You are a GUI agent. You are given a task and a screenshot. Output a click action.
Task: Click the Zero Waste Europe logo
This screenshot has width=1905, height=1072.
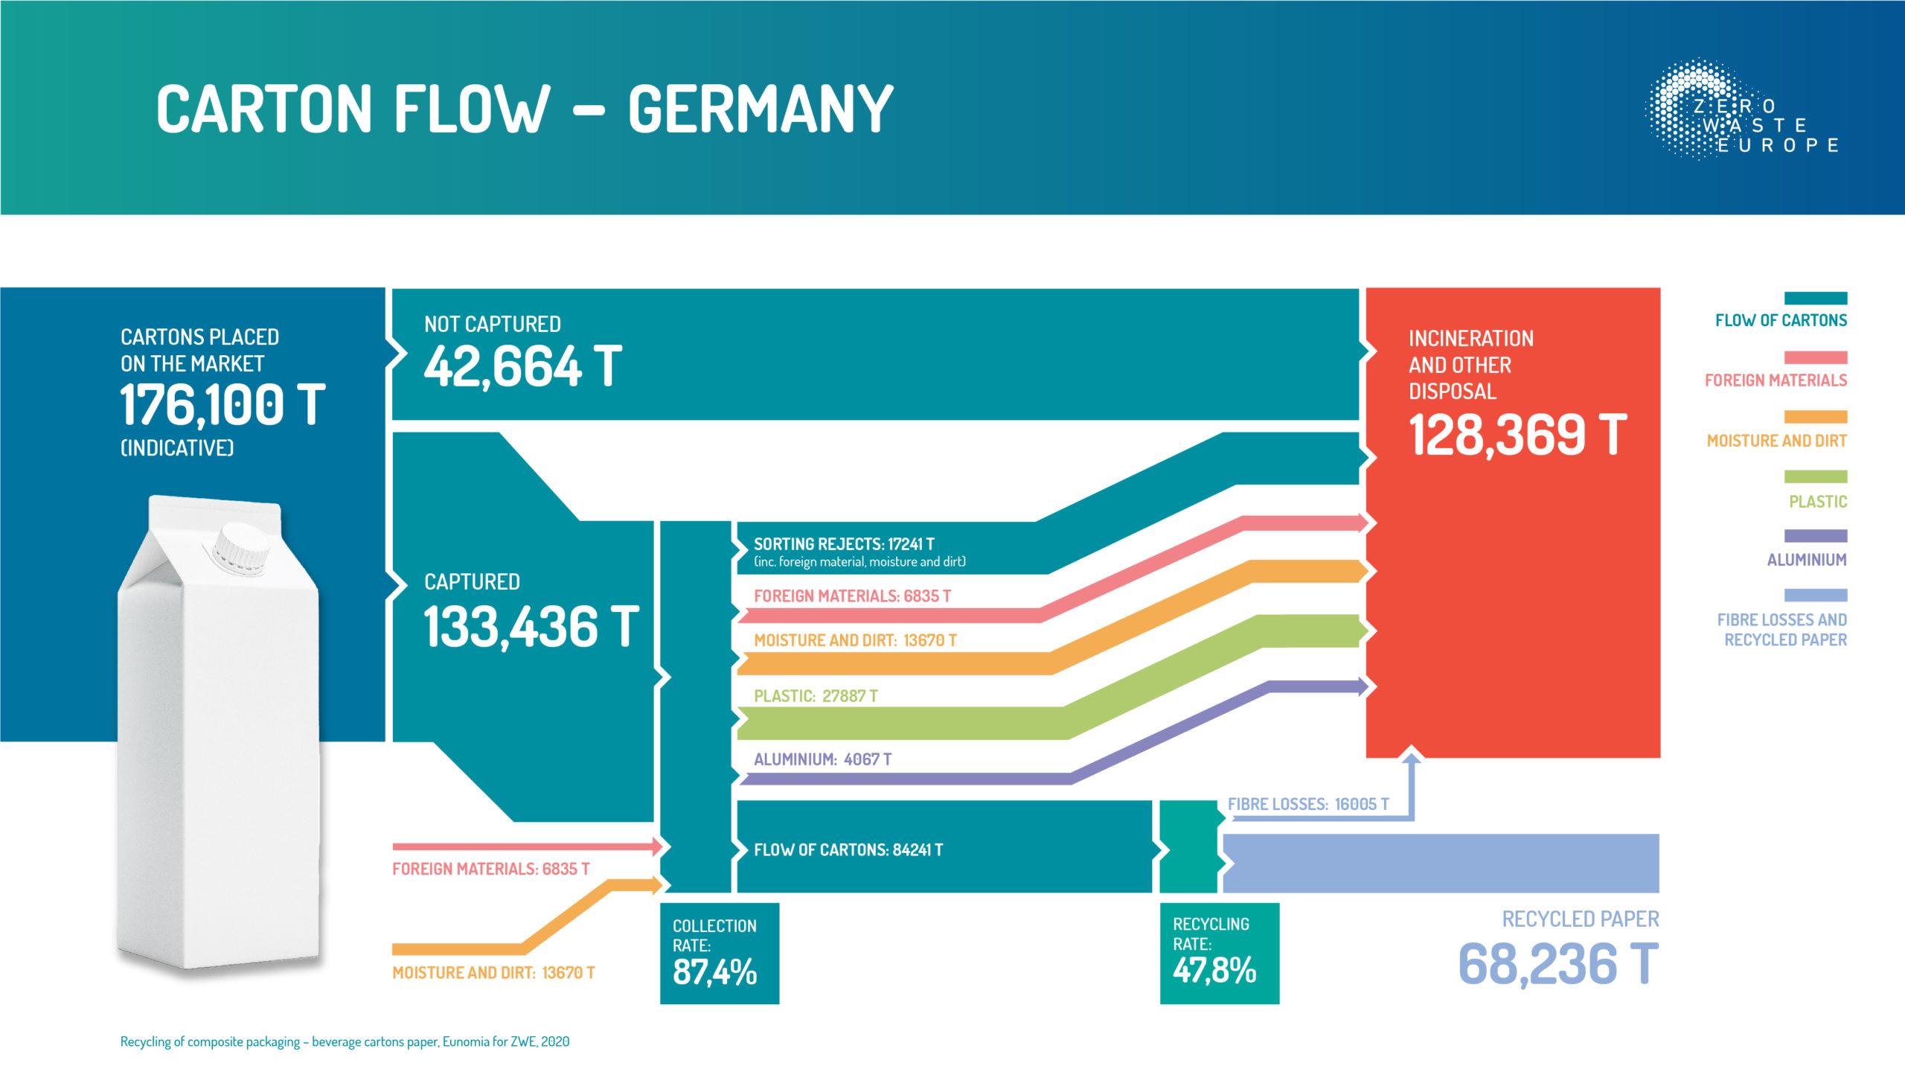point(1741,110)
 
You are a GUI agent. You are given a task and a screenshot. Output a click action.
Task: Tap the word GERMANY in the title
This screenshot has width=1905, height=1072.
point(760,109)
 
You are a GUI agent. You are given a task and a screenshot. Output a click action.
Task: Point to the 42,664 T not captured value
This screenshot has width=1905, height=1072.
point(522,366)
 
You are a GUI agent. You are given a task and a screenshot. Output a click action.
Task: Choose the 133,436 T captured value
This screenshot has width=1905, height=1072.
point(531,626)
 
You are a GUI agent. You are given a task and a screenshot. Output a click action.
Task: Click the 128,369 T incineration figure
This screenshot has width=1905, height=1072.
point(1517,435)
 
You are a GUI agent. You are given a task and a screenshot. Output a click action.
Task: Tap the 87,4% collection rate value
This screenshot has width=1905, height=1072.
point(714,971)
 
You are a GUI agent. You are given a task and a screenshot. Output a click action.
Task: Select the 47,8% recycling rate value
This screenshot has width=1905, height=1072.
point(1214,970)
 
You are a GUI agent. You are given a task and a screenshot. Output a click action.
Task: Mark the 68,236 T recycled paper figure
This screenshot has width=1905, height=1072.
point(1558,963)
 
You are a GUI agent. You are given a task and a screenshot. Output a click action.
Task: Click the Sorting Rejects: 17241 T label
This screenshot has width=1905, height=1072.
point(844,544)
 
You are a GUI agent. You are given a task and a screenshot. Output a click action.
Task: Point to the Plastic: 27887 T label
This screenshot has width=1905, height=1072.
point(816,696)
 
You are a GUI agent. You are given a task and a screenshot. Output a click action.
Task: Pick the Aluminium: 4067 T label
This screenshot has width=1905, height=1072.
point(822,759)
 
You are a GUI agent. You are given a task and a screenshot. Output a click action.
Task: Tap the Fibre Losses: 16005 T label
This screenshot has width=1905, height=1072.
point(1307,804)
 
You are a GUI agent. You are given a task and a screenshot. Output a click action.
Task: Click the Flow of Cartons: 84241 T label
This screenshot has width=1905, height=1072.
point(848,849)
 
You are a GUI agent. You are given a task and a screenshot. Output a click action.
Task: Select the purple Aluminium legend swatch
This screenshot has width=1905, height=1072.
point(1815,536)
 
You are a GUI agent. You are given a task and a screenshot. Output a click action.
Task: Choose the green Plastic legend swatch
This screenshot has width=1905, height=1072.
point(1815,476)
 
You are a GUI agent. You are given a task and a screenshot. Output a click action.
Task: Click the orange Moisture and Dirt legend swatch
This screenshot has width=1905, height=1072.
point(1815,417)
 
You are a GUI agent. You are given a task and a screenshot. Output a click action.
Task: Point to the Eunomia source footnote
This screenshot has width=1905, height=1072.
point(345,1041)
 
